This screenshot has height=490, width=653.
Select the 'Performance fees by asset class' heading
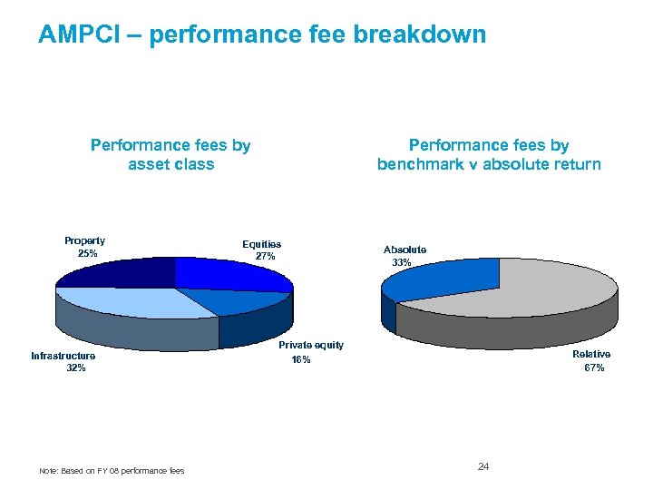171,154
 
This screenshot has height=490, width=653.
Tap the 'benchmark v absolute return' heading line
489,164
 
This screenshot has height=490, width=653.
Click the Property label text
84,240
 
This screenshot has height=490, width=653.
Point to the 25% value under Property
87,254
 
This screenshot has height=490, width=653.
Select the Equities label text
261,244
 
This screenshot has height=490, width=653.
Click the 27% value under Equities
265,257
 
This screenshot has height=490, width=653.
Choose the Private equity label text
311,345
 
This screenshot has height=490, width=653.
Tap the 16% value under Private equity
301,360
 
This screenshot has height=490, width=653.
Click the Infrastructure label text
63,356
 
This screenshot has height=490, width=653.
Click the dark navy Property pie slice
118,272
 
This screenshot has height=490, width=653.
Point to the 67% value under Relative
594,367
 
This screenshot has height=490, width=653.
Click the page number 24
483,466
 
